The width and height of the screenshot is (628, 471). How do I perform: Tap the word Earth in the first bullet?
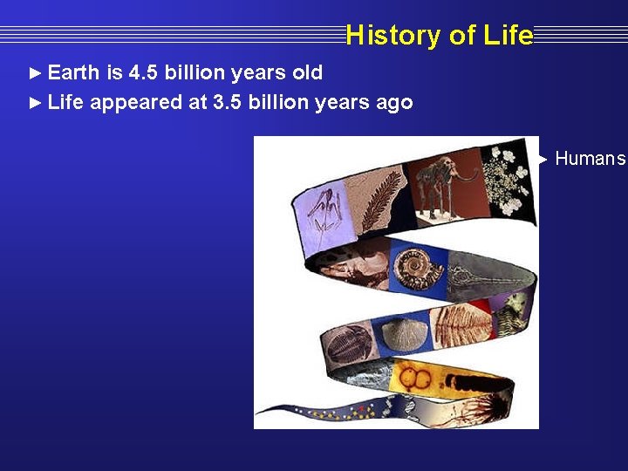pyautogui.click(x=73, y=72)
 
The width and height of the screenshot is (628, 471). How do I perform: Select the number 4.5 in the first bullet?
pyautogui.click(x=147, y=72)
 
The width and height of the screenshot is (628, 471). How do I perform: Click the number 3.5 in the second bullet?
pyautogui.click(x=228, y=103)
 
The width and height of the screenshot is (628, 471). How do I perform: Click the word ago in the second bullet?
pyautogui.click(x=394, y=103)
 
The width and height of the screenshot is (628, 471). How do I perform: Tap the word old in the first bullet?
pyautogui.click(x=304, y=72)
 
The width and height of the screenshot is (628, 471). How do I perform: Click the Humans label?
pyautogui.click(x=590, y=159)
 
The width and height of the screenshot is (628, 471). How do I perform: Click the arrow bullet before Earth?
pyautogui.click(x=35, y=72)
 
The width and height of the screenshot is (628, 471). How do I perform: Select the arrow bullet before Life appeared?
pyautogui.click(x=35, y=103)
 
